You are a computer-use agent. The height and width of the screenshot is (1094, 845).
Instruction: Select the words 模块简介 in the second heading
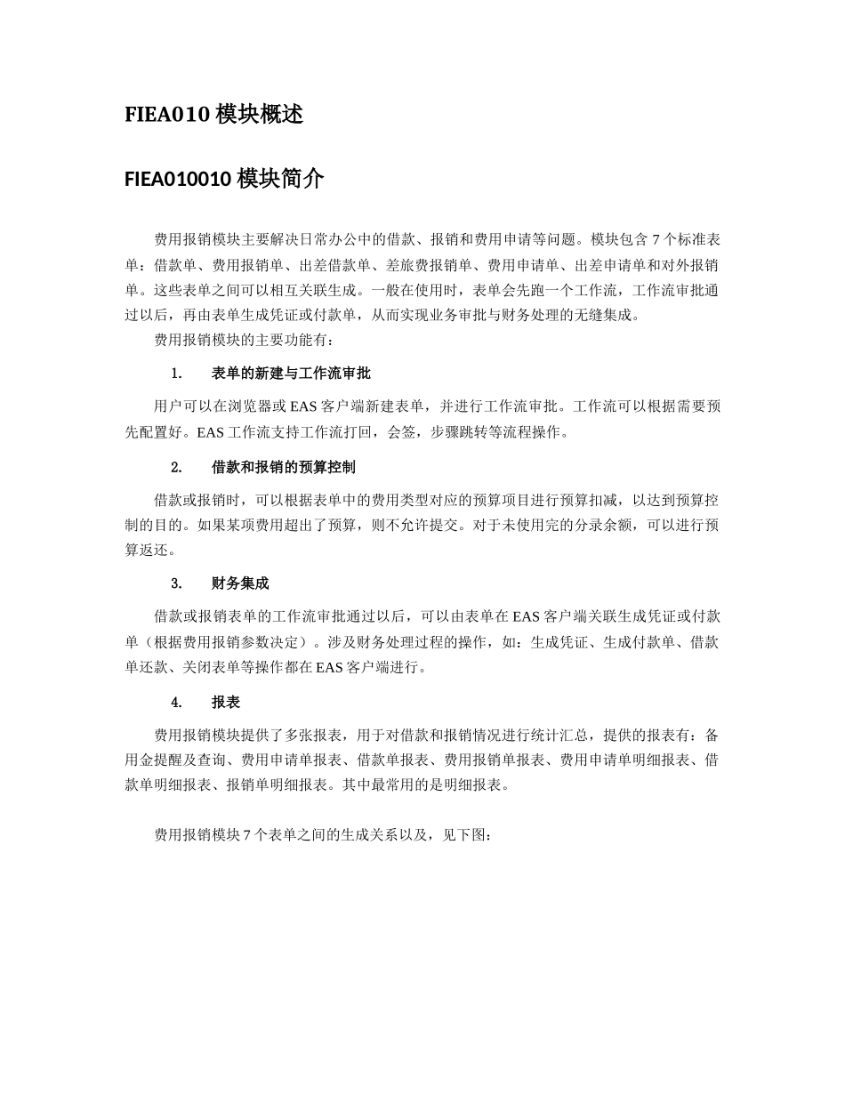tap(280, 180)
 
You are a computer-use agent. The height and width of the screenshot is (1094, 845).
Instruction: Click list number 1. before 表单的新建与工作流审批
tap(177, 374)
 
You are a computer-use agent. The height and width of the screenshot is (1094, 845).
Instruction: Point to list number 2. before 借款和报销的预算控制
tap(177, 467)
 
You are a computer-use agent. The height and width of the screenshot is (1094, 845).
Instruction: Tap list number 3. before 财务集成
tap(177, 583)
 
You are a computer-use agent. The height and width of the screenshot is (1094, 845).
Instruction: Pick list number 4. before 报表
tap(177, 702)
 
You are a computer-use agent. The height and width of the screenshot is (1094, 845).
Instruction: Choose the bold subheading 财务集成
tap(240, 583)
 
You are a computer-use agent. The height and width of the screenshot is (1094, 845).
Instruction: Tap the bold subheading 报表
tap(226, 702)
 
